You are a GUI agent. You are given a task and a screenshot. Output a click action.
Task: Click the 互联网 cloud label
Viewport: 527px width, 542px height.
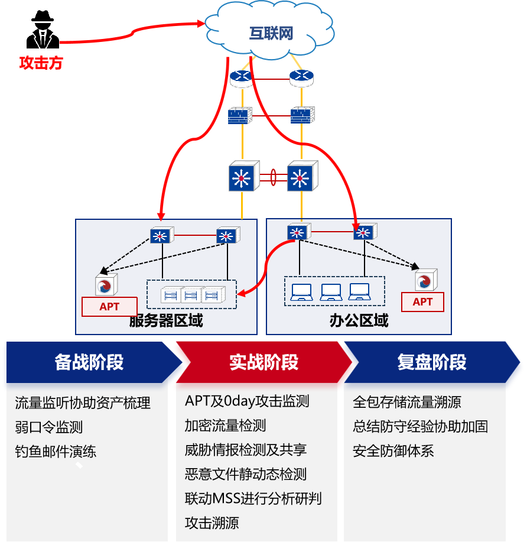pyautogui.click(x=271, y=33)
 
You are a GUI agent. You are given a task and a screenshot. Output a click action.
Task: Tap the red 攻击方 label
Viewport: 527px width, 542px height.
pyautogui.click(x=41, y=63)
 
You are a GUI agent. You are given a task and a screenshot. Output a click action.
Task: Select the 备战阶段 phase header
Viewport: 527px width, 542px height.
pyautogui.click(x=89, y=362)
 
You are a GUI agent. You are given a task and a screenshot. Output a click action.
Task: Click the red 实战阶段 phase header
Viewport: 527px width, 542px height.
pyautogui.click(x=263, y=362)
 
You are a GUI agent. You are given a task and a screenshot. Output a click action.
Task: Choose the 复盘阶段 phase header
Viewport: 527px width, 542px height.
pyautogui.click(x=432, y=362)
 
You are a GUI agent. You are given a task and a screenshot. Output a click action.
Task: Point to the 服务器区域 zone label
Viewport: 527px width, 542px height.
pyautogui.click(x=166, y=321)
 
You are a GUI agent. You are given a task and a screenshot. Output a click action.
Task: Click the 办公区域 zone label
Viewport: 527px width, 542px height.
pyautogui.click(x=359, y=321)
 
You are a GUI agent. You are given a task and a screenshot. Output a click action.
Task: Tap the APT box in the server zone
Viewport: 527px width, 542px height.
pyautogui.click(x=109, y=306)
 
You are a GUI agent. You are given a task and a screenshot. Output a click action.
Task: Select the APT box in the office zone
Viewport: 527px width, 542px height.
pyautogui.click(x=422, y=301)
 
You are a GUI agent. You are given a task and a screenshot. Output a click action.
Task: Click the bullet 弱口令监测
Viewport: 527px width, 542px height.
pyautogui.click(x=48, y=427)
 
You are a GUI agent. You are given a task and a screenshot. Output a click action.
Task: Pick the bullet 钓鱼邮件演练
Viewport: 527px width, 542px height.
pyautogui.click(x=56, y=452)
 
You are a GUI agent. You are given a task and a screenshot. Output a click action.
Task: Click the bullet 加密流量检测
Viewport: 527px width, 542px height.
pyautogui.click(x=225, y=426)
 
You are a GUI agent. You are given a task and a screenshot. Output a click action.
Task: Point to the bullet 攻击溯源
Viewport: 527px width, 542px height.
pyautogui.click(x=212, y=523)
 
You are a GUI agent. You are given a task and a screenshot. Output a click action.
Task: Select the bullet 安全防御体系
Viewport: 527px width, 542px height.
pyautogui.click(x=393, y=451)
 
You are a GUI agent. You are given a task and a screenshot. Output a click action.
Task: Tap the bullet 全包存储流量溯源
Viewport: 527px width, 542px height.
pyautogui.click(x=406, y=402)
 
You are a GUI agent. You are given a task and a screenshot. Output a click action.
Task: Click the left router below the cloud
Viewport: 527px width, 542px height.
pyautogui.click(x=240, y=77)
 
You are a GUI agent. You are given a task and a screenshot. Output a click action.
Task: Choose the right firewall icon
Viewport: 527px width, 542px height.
pyautogui.click(x=302, y=114)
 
